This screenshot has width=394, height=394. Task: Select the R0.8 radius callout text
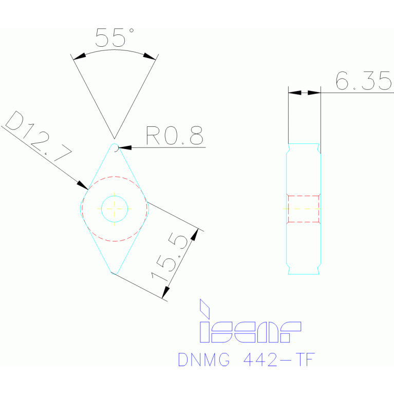tap(175, 136)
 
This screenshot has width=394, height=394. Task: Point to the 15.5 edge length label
tap(170, 257)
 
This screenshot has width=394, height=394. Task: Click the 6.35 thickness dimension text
tap(363, 81)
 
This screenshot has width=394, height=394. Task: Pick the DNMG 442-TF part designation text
tap(246, 360)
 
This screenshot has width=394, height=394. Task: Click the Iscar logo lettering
tap(250, 331)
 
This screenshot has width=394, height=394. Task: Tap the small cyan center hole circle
tap(114, 209)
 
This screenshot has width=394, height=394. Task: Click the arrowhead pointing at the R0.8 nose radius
tap(125, 148)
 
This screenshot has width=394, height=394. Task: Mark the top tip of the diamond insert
tap(115, 145)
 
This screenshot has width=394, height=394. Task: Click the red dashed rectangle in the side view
tap(304, 209)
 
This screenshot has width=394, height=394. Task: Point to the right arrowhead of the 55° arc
tap(149, 56)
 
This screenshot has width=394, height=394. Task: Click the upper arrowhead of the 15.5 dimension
tap(194, 234)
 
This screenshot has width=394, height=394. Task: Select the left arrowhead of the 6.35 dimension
tap(294, 92)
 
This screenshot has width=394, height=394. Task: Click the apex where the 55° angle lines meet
tap(114, 138)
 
